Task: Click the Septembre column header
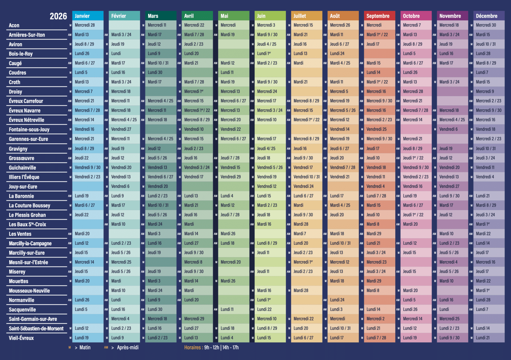pos(378,16)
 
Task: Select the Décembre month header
pos(487,16)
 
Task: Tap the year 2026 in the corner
pos(58,16)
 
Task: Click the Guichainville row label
pos(23,168)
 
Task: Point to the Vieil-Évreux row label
pos(21,338)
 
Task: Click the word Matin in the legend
pos(85,348)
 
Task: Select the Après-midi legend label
pos(128,348)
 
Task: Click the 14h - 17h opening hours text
pos(231,348)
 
